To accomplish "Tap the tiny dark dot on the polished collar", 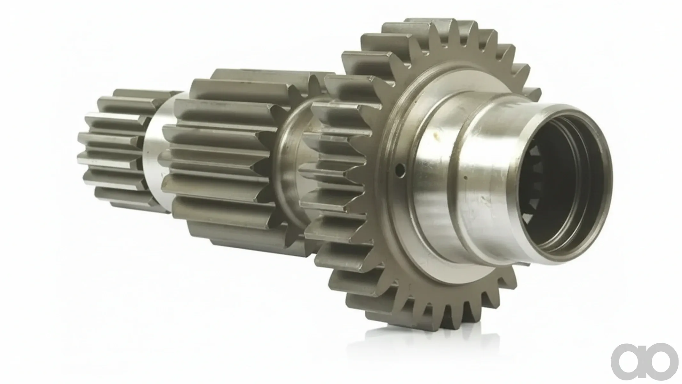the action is coord(466,178).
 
